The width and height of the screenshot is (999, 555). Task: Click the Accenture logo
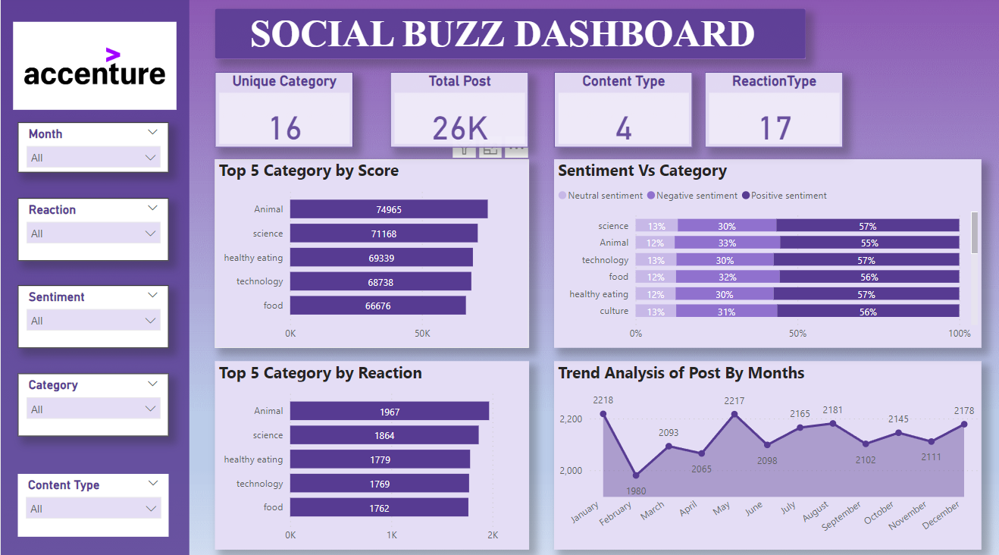pos(95,67)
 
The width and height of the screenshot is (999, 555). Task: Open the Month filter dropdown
pos(93,158)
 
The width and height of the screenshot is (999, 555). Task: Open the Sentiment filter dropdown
pos(93,321)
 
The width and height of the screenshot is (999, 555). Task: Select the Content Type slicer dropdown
pos(93,509)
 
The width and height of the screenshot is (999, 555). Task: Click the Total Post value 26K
pos(459,128)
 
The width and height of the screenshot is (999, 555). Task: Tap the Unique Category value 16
pos(285,128)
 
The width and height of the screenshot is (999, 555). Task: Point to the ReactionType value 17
pos(775,128)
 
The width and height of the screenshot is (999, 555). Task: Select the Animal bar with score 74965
pos(388,209)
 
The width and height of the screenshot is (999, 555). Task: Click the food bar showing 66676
pos(377,306)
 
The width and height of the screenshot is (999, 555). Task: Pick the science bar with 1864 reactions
pos(384,435)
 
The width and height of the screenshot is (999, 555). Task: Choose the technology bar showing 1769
pos(379,484)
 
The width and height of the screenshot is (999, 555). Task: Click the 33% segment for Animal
pos(727,243)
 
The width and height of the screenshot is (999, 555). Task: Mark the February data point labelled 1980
pos(636,475)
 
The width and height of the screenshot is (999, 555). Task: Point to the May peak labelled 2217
pos(734,414)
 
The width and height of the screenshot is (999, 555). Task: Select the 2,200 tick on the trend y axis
pos(570,419)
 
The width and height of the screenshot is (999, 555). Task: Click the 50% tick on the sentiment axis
pos(797,334)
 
